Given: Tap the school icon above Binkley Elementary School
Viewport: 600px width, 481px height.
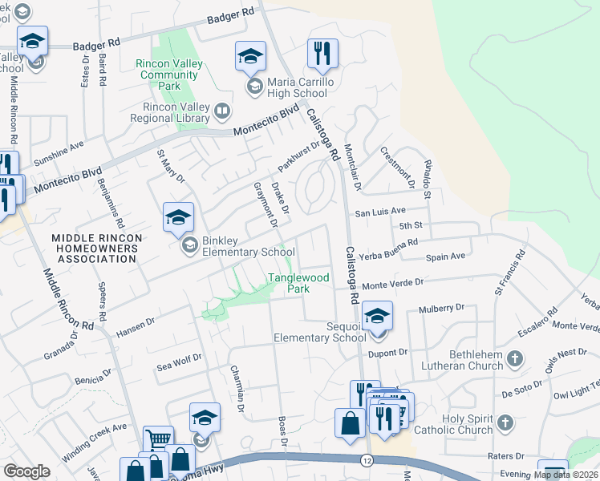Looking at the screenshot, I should point(178,217).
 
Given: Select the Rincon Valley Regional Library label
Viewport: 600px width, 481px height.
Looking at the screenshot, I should point(176,113).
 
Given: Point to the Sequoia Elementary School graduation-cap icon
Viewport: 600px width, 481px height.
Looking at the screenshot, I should point(376,315).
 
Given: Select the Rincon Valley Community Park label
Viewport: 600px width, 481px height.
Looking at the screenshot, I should point(168,75).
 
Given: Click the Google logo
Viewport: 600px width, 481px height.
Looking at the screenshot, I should point(26,471).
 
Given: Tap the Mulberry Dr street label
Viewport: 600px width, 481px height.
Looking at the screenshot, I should point(442,308).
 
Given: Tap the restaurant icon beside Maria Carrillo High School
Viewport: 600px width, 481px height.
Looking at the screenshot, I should point(322,54).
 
